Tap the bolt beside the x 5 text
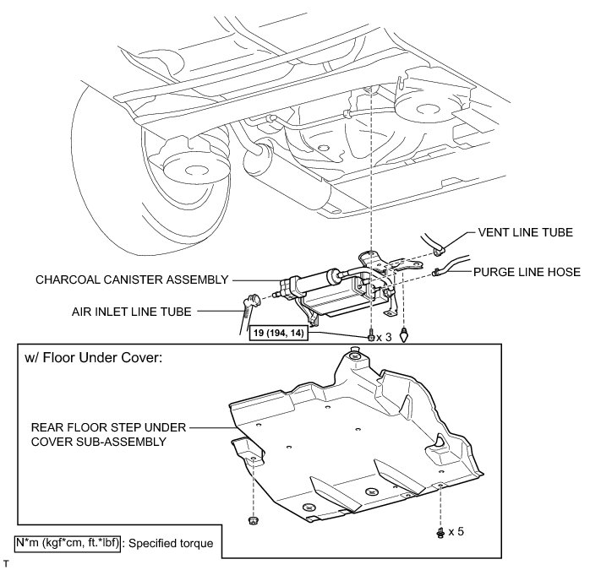(440, 532)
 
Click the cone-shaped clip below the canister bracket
(405, 334)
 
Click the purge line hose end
(436, 272)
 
